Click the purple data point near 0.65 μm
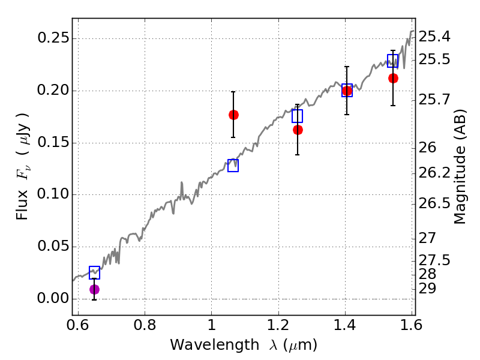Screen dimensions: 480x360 pyautogui.click(x=94, y=289)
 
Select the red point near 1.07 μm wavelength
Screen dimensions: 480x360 pyautogui.click(x=233, y=115)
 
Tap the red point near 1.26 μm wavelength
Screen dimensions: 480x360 pyautogui.click(x=298, y=130)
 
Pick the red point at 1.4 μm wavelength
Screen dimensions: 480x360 pyautogui.click(x=347, y=91)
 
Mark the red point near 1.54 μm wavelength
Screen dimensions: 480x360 pyautogui.click(x=393, y=79)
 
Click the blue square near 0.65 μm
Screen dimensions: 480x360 pyautogui.click(x=94, y=272)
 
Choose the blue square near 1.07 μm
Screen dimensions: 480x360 pyautogui.click(x=233, y=166)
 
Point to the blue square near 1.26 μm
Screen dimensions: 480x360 pyautogui.click(x=297, y=116)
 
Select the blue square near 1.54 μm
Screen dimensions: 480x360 pyautogui.click(x=392, y=61)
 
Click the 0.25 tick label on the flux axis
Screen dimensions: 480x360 pyautogui.click(x=53, y=38)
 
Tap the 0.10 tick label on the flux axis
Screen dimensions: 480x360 pyautogui.click(x=53, y=194)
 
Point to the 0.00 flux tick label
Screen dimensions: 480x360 pyautogui.click(x=53, y=298)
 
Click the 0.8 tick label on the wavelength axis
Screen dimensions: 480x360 pyautogui.click(x=145, y=325)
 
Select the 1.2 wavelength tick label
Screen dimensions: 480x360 pyautogui.click(x=278, y=325)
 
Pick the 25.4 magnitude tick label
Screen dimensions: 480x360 pyautogui.click(x=434, y=37)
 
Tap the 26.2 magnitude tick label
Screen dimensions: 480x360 pyautogui.click(x=434, y=173)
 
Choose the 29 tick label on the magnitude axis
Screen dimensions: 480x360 pyautogui.click(x=427, y=289)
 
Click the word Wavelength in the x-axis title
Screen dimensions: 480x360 pyautogui.click(x=215, y=344)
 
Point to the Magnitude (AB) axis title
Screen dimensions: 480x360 pyautogui.click(x=459, y=167)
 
